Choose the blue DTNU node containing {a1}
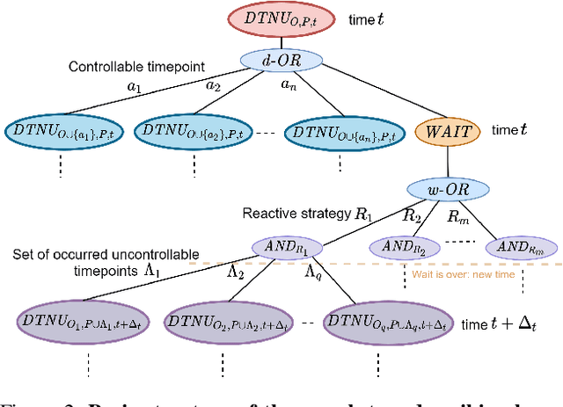[61, 130]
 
